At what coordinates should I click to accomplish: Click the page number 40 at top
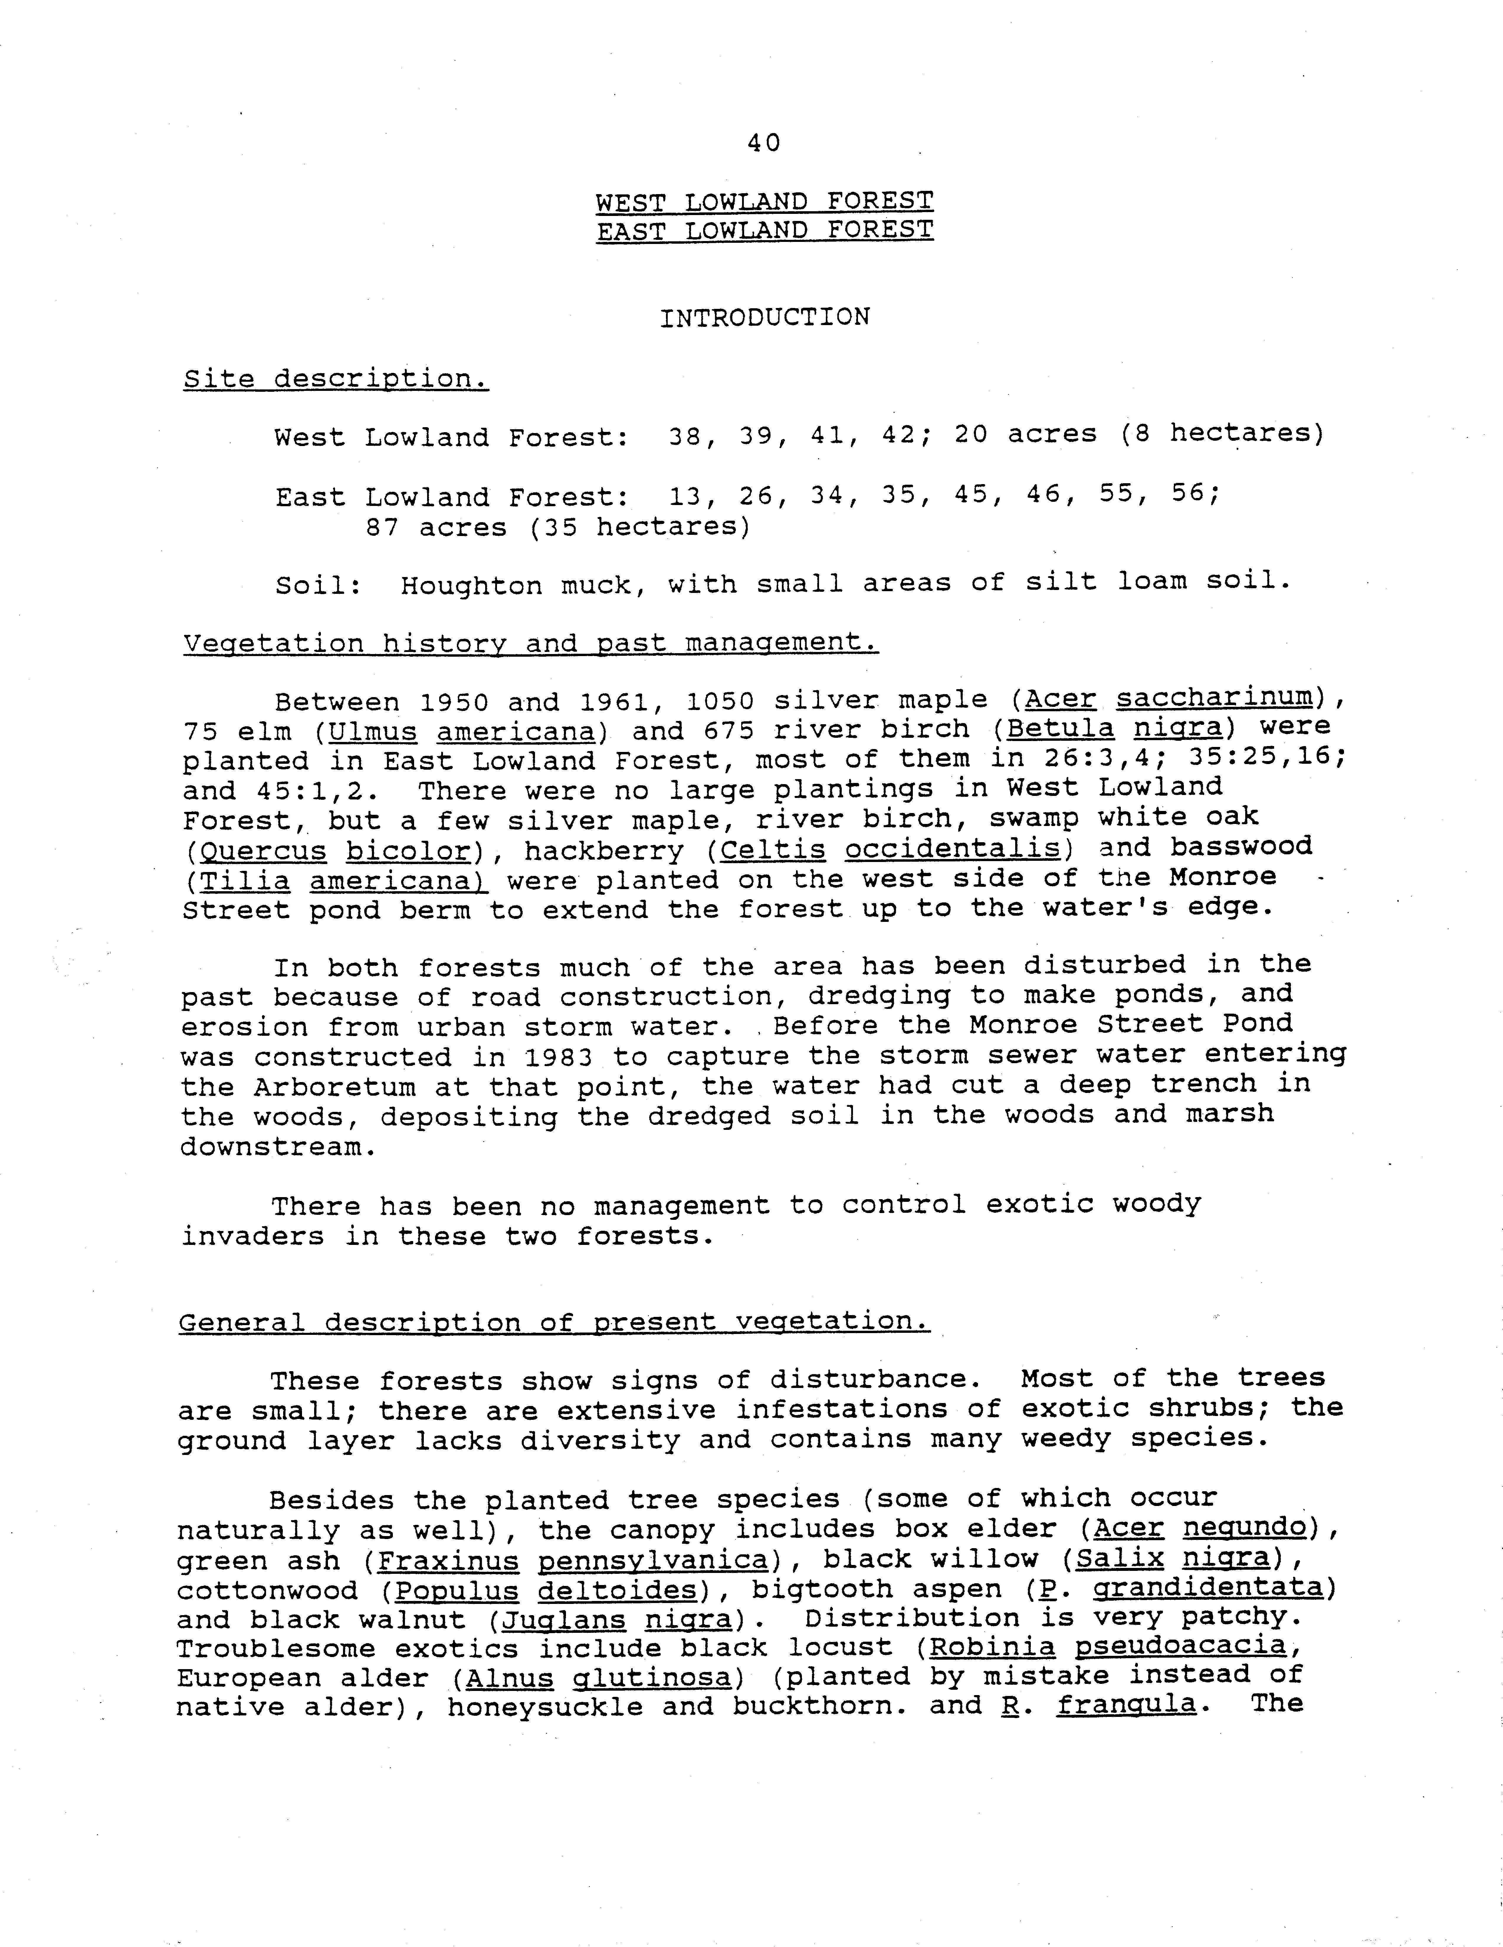(764, 143)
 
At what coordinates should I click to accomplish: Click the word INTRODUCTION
(764, 317)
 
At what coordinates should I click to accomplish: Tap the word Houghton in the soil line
(471, 585)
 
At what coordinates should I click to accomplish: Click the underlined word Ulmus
(373, 731)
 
